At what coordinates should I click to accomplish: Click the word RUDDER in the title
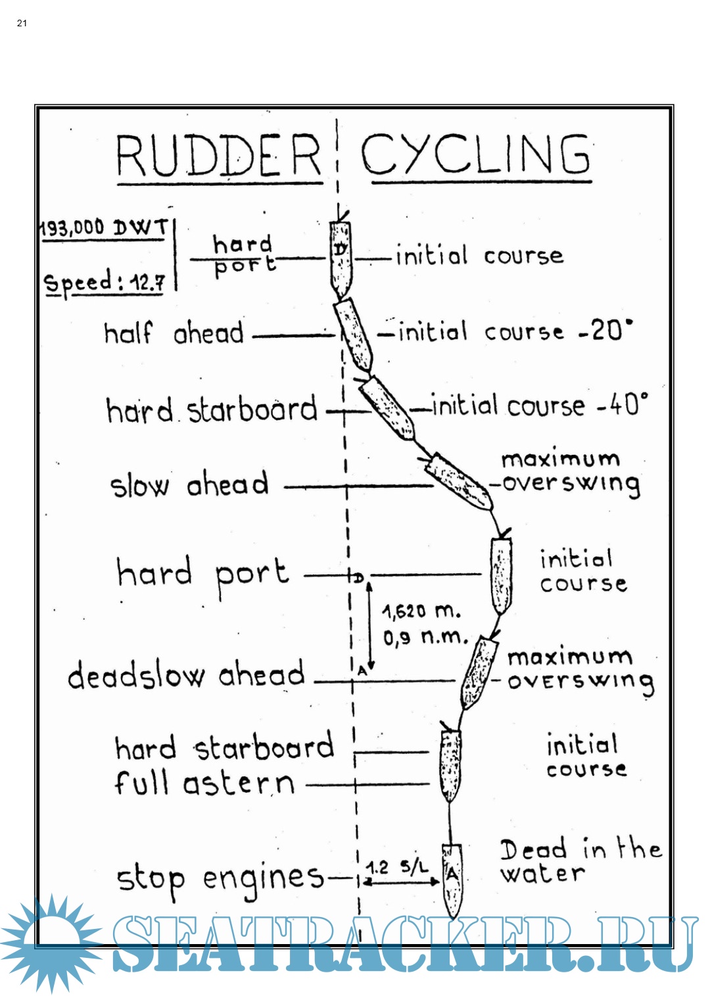click(218, 156)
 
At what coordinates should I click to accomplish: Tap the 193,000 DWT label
click(104, 228)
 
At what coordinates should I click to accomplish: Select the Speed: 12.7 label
click(104, 283)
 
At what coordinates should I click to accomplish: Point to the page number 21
click(22, 23)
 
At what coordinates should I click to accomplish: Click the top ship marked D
click(341, 258)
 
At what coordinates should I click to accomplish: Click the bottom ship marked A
click(452, 880)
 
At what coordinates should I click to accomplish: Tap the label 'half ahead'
click(174, 333)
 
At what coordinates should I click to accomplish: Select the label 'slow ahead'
click(189, 485)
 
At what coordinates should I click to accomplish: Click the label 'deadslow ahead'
click(187, 675)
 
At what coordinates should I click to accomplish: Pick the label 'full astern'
click(204, 783)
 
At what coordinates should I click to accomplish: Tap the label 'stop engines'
click(220, 879)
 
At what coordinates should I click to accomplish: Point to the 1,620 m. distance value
click(421, 611)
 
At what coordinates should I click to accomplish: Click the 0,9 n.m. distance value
click(425, 637)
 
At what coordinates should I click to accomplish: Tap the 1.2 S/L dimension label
click(397, 868)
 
